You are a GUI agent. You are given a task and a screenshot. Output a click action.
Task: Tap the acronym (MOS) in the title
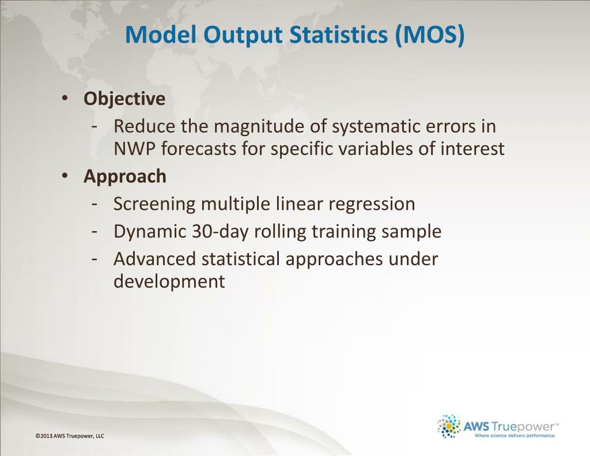pos(430,35)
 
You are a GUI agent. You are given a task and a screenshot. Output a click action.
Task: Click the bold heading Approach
pos(124,177)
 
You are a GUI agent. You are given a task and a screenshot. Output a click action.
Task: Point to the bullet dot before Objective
pos(65,98)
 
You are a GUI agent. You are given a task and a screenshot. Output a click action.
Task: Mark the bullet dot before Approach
pos(65,175)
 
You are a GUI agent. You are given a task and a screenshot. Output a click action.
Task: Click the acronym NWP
pos(134,148)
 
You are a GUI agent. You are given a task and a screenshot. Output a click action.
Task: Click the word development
pos(169,281)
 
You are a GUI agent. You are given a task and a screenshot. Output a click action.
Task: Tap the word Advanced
pos(155,259)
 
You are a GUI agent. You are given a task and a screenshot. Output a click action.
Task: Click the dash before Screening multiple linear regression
pos(94,205)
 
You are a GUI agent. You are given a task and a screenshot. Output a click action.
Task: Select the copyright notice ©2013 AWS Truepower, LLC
pos(70,436)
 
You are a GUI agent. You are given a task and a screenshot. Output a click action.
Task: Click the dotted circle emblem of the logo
pos(449,426)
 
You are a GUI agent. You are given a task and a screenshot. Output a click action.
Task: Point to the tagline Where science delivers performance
pos(515,436)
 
